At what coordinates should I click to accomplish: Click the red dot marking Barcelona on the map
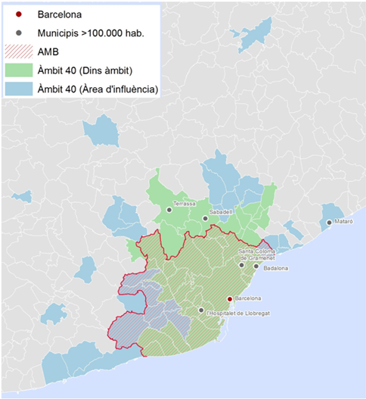click(229, 298)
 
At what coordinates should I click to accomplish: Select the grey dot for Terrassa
click(169, 210)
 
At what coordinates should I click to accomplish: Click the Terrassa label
click(185, 204)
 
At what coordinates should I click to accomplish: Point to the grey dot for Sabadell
click(204, 219)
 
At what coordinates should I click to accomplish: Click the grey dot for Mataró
click(329, 223)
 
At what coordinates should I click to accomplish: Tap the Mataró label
click(344, 223)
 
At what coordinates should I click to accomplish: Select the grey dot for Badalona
click(256, 266)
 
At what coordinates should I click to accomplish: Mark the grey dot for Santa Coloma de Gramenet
click(241, 265)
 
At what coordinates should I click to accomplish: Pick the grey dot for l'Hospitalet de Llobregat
click(200, 310)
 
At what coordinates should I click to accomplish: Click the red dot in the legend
click(17, 14)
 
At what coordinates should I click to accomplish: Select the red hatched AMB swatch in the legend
click(17, 51)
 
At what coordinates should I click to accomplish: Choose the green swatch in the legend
click(17, 71)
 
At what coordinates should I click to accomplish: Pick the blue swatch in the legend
click(17, 91)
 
